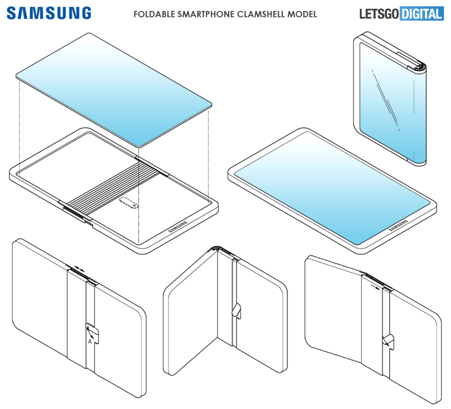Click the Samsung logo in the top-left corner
(x=49, y=13)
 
